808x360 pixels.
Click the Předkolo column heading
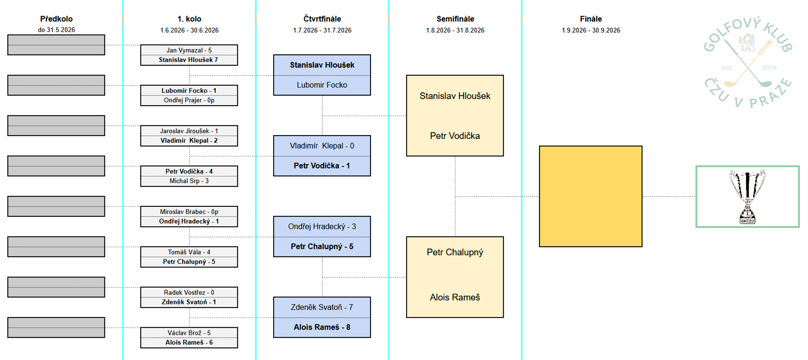pos(56,19)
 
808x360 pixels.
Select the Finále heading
pos(591,19)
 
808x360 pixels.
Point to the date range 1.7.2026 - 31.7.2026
pos(322,30)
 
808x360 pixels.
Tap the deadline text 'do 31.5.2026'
pos(56,30)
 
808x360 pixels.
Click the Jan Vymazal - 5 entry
pos(189,50)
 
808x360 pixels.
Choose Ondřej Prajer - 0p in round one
pos(189,100)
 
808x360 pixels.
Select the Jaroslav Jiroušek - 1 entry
pos(189,131)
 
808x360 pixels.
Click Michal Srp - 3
pos(189,181)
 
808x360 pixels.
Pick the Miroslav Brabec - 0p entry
pos(189,212)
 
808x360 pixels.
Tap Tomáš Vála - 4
pos(189,252)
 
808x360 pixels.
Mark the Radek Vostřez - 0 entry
pos(189,293)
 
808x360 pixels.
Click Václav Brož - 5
pos(189,333)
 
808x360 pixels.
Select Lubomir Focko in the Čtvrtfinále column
pos(322,85)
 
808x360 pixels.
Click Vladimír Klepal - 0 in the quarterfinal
pos(322,146)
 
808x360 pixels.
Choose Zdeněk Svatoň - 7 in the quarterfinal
pos(322,307)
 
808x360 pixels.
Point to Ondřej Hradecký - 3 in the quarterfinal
pos(322,227)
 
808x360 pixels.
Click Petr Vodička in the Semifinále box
pos(455,136)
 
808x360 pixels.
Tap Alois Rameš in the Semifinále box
pos(455,297)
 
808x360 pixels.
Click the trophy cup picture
pos(747,196)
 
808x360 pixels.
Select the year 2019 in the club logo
pos(769,67)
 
